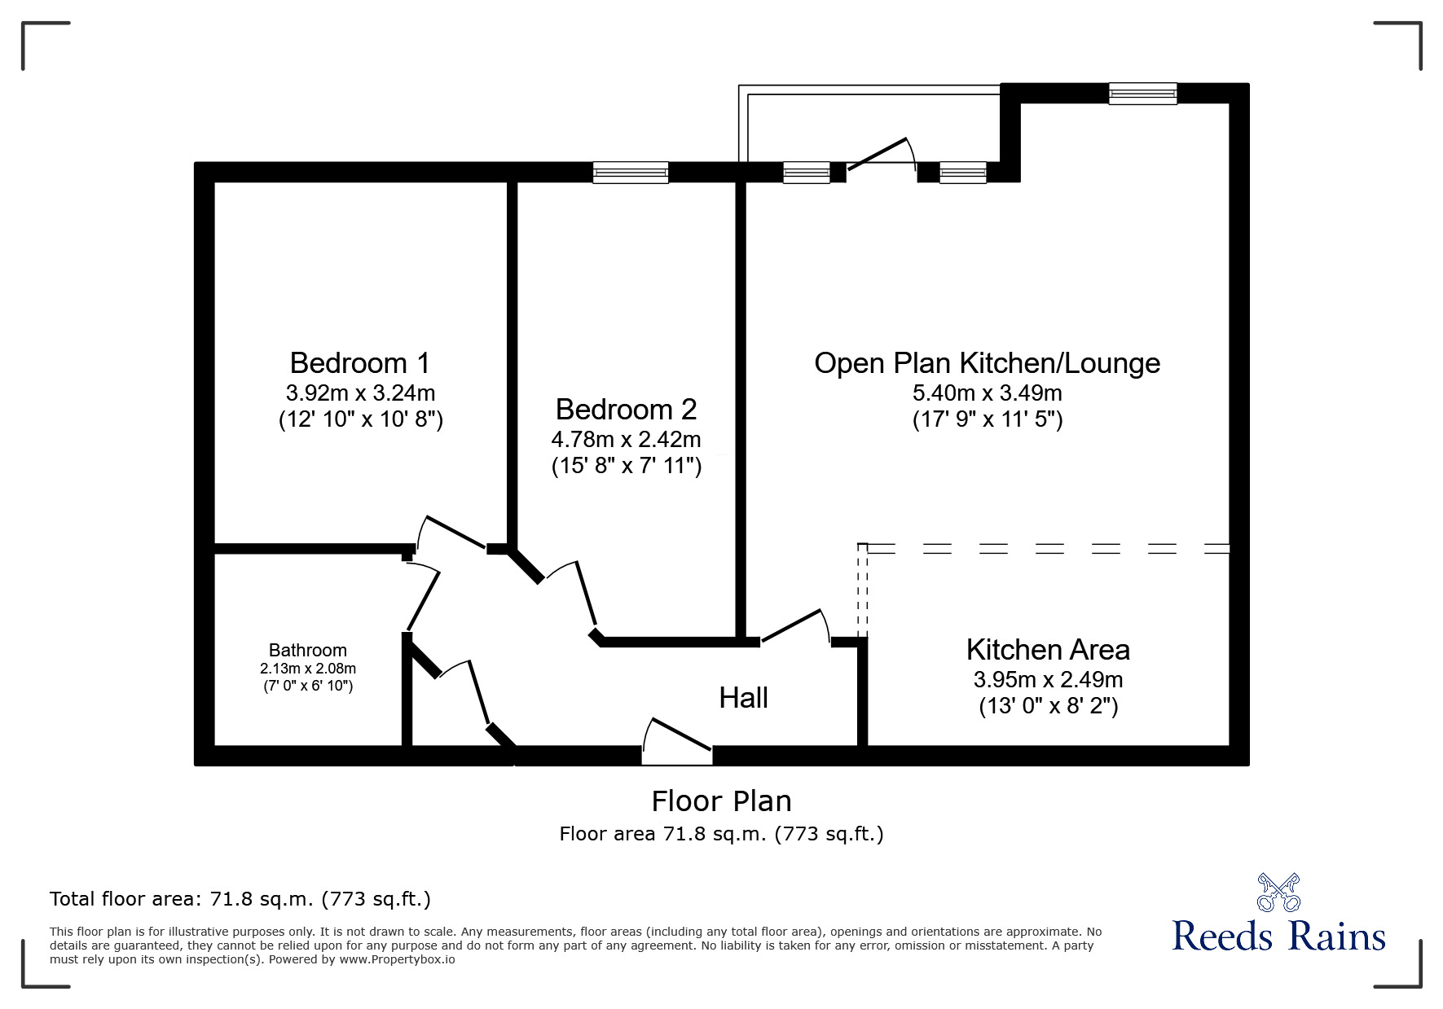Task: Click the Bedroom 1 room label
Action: tap(359, 362)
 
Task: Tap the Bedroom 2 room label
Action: tap(626, 409)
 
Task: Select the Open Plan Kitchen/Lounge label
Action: tap(987, 363)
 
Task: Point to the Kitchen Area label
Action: tap(1048, 650)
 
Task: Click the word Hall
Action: tap(743, 698)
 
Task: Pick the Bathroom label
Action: tap(308, 650)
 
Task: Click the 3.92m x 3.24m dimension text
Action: tap(360, 393)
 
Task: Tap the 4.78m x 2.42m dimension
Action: tap(626, 440)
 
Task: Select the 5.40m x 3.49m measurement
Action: tap(987, 393)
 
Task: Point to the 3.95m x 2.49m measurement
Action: tap(1048, 679)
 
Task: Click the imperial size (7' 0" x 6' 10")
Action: tap(308, 686)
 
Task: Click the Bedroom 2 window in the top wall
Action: tap(631, 173)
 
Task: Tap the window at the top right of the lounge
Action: tap(1142, 94)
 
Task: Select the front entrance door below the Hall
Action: tap(677, 741)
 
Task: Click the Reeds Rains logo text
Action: tap(1278, 937)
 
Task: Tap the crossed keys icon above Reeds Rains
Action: tap(1279, 892)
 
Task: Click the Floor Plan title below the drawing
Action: tap(721, 801)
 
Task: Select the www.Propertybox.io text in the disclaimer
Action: tap(397, 959)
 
